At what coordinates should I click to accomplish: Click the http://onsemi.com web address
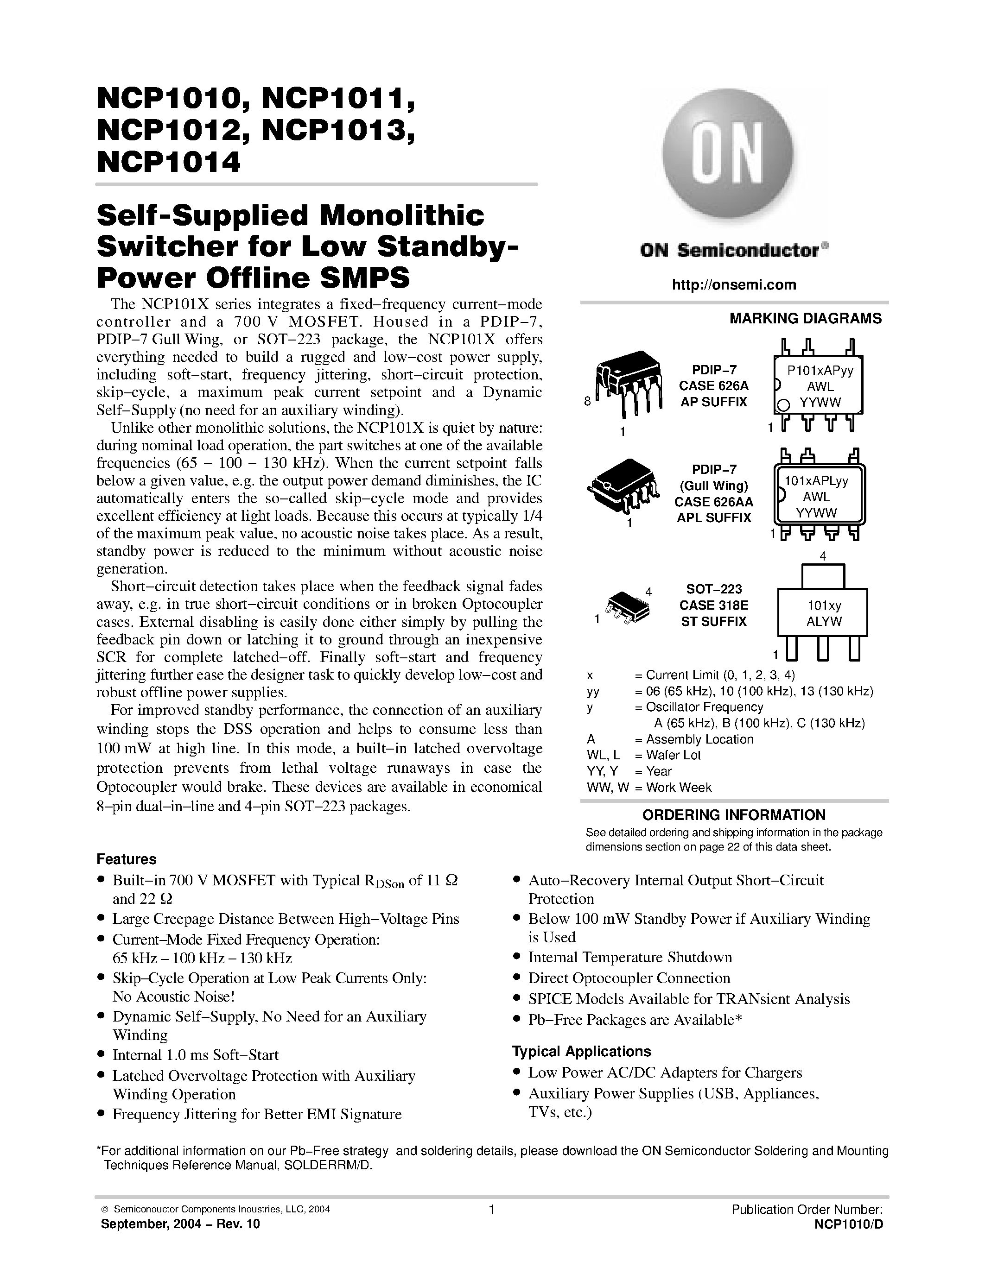click(x=734, y=284)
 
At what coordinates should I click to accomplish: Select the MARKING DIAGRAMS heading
click(x=805, y=319)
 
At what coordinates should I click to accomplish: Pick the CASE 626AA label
click(x=713, y=502)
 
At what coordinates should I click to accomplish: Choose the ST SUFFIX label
click(x=713, y=622)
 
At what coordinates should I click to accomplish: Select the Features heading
click(x=126, y=859)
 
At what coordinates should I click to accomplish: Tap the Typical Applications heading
click(x=581, y=1051)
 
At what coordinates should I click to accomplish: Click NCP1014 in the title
click(x=169, y=162)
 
